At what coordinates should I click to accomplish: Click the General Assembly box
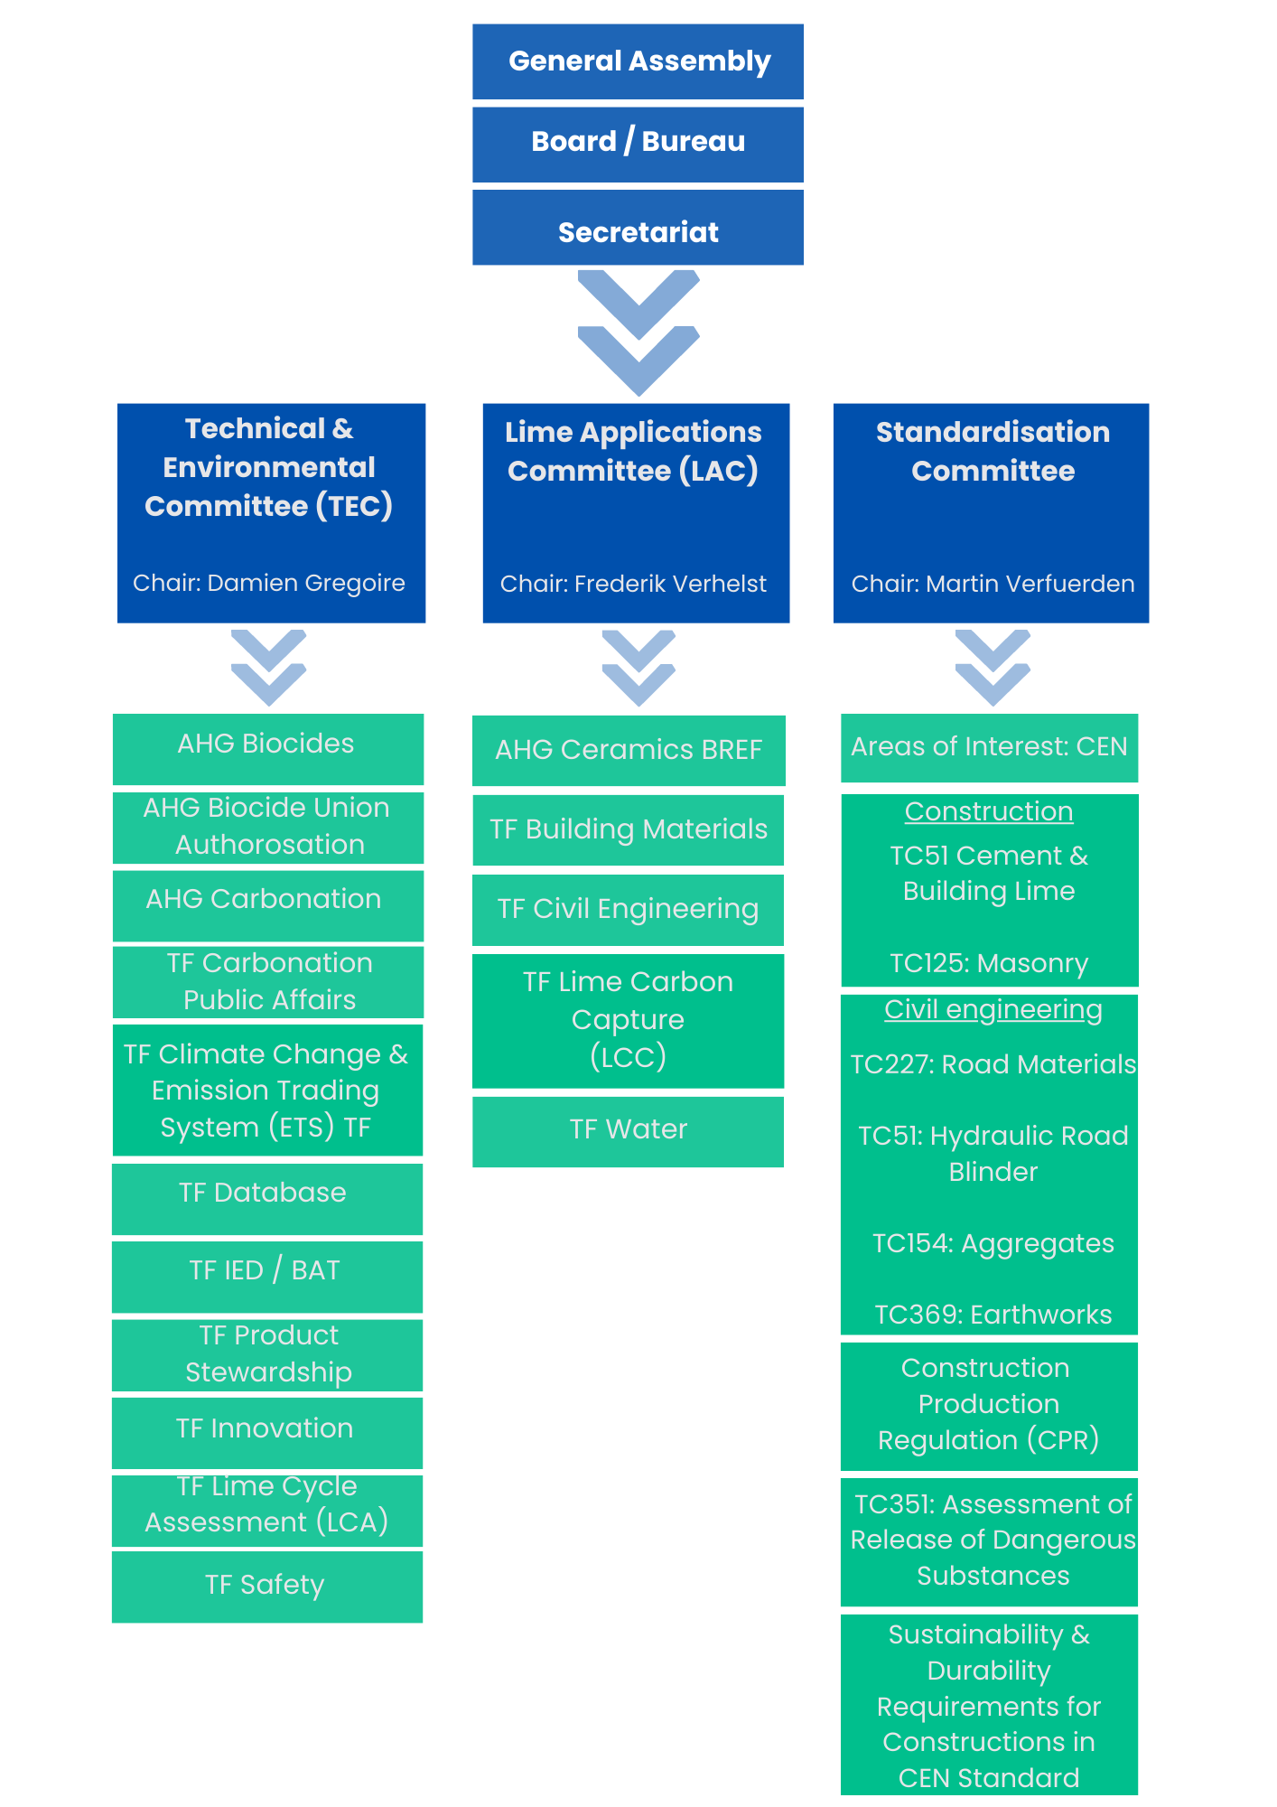coord(638,61)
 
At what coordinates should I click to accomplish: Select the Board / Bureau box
coord(638,145)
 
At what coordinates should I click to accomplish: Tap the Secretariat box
coord(638,227)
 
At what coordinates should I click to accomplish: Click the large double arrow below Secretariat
coord(638,332)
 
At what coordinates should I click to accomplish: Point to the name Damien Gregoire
coord(306,584)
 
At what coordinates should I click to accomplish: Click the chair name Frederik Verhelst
coord(670,584)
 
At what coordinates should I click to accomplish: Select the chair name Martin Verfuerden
coord(1030,584)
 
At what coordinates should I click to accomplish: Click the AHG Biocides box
coord(268,749)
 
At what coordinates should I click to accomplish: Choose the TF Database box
coord(267,1199)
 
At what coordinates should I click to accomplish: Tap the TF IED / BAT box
coord(267,1277)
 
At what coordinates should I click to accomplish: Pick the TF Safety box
coord(267,1587)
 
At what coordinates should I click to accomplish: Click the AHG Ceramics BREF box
coord(629,751)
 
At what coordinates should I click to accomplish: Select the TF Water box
coord(628,1132)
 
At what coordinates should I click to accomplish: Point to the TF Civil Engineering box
coord(628,910)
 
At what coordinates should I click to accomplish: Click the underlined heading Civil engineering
coord(993,1010)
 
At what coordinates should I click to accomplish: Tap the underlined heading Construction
coord(989,811)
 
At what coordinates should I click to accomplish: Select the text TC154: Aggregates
coord(993,1244)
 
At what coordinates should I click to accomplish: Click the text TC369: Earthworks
coord(993,1315)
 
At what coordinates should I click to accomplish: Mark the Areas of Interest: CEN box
coord(989,748)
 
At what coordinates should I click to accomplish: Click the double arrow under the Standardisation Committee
coord(993,668)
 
